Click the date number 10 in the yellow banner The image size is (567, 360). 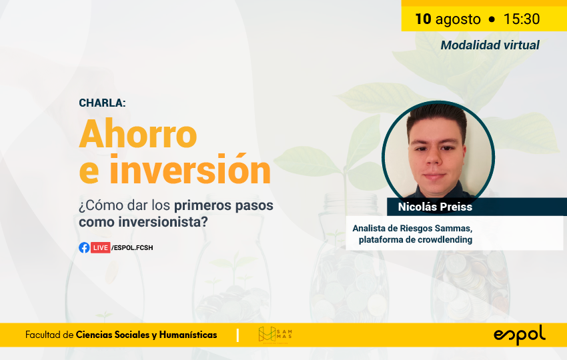coord(423,19)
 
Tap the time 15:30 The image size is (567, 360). coord(522,19)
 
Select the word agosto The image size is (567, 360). coord(458,19)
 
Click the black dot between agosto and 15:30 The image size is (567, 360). coord(492,19)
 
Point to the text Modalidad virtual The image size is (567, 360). coord(490,45)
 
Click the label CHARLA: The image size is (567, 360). coord(102,103)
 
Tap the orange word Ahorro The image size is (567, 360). coord(138,134)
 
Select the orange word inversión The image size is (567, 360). coord(190,169)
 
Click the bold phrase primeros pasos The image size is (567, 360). coord(224,205)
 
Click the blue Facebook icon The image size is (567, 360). coord(84,247)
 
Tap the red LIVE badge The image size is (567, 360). coord(100,247)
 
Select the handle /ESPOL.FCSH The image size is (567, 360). coord(132,247)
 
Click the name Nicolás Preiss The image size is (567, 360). coord(435,207)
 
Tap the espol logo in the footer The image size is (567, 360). coord(520,335)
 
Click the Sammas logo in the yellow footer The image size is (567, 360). coord(275,335)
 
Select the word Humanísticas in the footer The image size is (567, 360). coord(188,335)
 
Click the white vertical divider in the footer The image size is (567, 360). coord(237,335)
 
